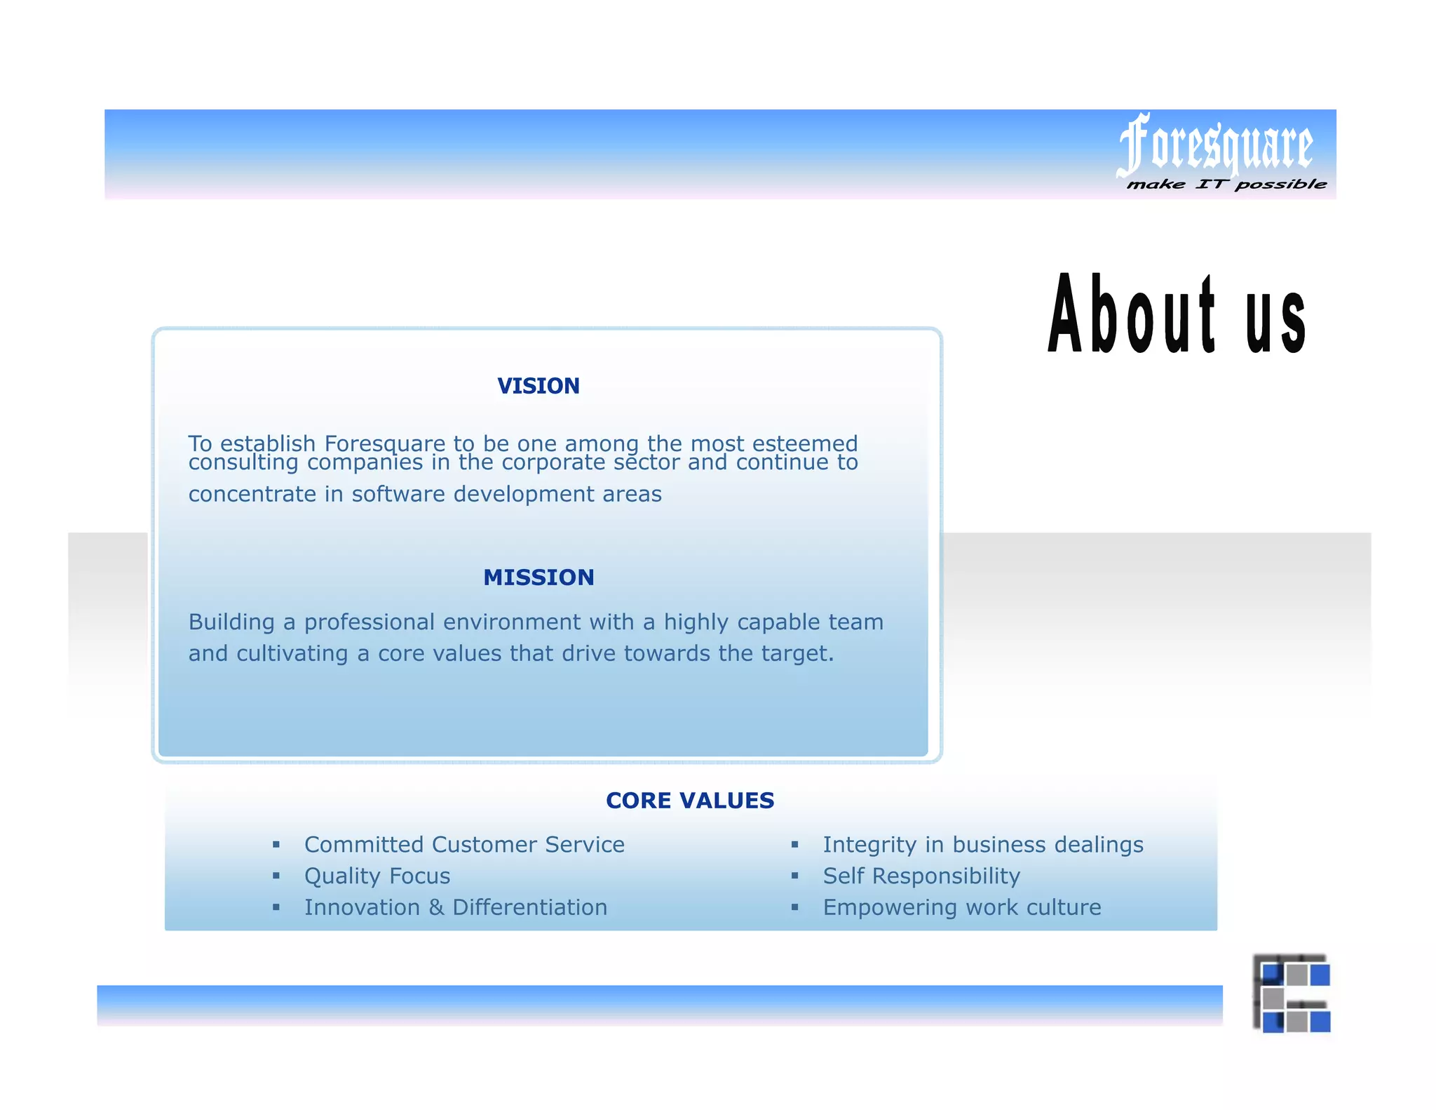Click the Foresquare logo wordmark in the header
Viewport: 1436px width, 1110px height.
pyautogui.click(x=1215, y=145)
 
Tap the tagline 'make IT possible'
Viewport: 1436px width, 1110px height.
pyautogui.click(x=1226, y=185)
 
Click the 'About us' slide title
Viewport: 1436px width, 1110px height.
pyautogui.click(x=1177, y=314)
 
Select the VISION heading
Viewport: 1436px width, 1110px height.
pyautogui.click(x=538, y=386)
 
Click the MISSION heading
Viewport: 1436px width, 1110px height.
pyautogui.click(x=538, y=577)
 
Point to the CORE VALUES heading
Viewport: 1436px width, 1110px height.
pyautogui.click(x=690, y=801)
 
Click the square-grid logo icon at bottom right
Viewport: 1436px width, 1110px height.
pyautogui.click(x=1292, y=994)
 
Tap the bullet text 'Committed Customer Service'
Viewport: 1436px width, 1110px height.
pyautogui.click(x=464, y=845)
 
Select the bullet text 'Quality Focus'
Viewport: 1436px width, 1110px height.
pyautogui.click(x=377, y=876)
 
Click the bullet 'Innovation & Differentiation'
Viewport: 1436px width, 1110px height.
pyautogui.click(x=456, y=908)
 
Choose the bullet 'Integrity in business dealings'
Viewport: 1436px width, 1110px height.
pyautogui.click(x=983, y=845)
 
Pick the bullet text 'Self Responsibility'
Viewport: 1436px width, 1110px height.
pyautogui.click(x=921, y=876)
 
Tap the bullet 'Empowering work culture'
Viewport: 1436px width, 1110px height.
pyautogui.click(x=962, y=908)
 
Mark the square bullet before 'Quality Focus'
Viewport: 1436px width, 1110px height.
pyautogui.click(x=276, y=876)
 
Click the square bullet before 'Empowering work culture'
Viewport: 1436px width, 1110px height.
pyautogui.click(x=794, y=908)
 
